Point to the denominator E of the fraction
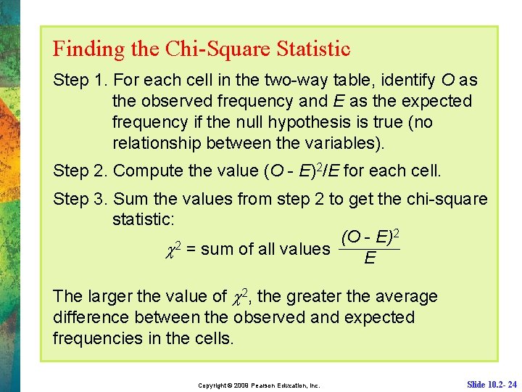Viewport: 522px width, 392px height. coord(370,258)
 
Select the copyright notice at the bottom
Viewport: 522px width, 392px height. coord(259,384)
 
